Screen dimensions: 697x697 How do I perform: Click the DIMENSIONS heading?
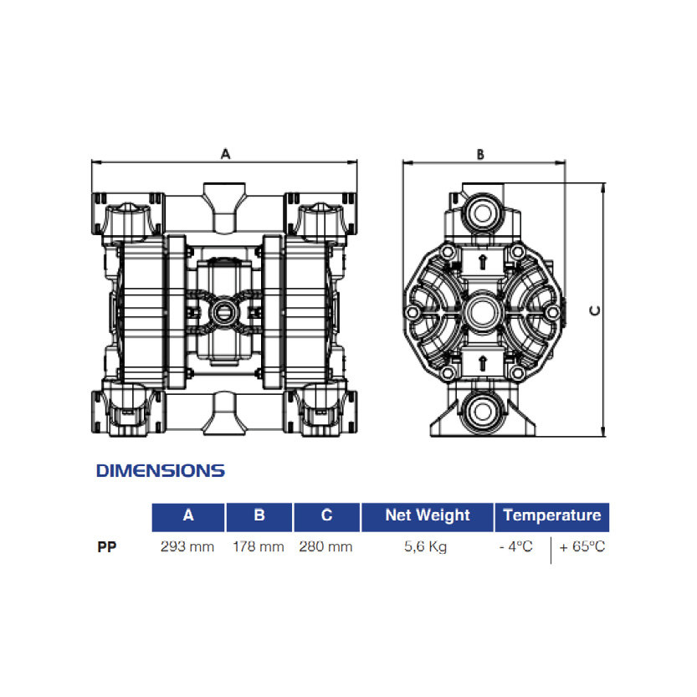(x=161, y=471)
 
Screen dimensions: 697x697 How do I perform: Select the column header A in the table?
(x=188, y=516)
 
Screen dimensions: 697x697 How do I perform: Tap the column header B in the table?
(x=259, y=516)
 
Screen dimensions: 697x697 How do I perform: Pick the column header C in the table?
(x=326, y=516)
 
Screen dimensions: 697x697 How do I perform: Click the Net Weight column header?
(x=428, y=516)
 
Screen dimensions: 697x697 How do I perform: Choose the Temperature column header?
(x=552, y=516)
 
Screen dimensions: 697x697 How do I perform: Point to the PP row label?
(x=107, y=546)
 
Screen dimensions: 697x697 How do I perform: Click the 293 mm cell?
(x=187, y=546)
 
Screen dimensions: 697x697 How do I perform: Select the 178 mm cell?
(x=259, y=546)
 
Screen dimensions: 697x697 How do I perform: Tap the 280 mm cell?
(x=325, y=546)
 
